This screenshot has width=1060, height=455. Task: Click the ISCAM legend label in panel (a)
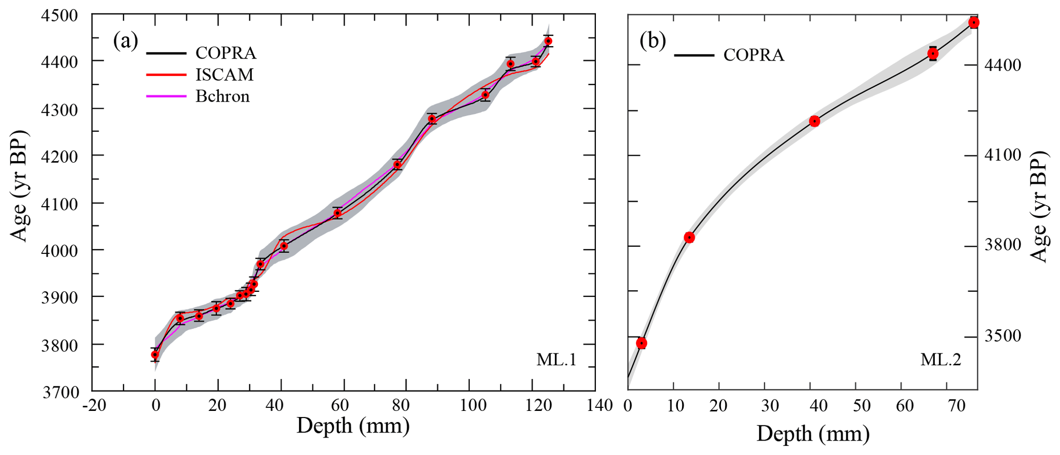(x=224, y=75)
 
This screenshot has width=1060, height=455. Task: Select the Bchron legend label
(x=222, y=96)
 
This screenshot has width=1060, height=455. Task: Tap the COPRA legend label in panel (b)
(x=753, y=55)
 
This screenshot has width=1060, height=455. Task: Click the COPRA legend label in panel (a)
(x=226, y=53)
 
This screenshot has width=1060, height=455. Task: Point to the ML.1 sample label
(x=556, y=360)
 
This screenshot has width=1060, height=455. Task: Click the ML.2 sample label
(x=941, y=360)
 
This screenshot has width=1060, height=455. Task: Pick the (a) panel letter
(x=126, y=41)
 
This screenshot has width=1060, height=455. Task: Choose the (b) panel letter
(x=652, y=41)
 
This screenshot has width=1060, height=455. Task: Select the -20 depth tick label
(x=94, y=406)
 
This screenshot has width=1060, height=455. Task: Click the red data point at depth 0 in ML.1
(x=155, y=354)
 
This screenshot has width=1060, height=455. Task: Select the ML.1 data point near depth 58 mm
(x=337, y=213)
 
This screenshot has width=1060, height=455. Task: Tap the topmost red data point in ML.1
(x=548, y=41)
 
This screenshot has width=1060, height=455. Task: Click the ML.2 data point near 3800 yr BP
(x=689, y=237)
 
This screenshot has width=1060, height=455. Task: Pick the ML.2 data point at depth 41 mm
(x=814, y=121)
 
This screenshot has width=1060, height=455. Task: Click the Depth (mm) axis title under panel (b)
(x=812, y=434)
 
